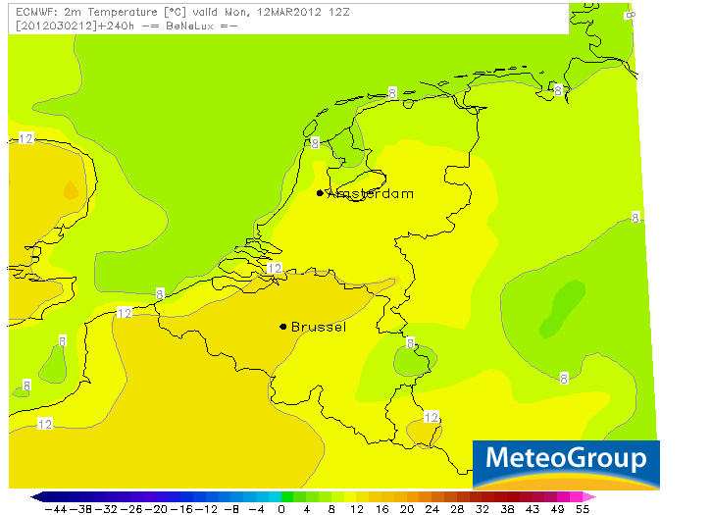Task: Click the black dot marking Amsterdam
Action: click(x=320, y=193)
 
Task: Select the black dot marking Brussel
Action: click(x=282, y=327)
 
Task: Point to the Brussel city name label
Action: click(x=319, y=327)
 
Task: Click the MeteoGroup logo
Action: click(x=566, y=459)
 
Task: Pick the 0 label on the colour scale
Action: click(x=281, y=509)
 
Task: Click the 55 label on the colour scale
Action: click(x=583, y=509)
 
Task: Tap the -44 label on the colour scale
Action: click(x=55, y=509)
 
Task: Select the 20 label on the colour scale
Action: click(x=406, y=509)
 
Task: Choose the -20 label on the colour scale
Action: click(x=156, y=509)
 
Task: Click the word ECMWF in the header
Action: click(x=26, y=12)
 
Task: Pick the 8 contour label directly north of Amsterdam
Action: click(x=315, y=143)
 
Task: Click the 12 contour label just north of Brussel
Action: click(x=274, y=268)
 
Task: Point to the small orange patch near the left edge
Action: click(x=70, y=189)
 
